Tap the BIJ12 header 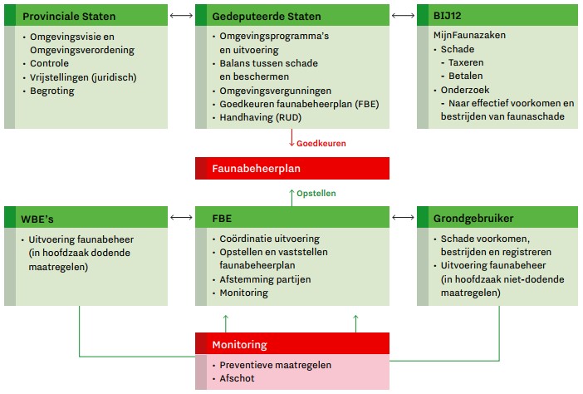pyautogui.click(x=449, y=16)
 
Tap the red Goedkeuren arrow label pyautogui.click(x=321, y=143)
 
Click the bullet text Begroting pyautogui.click(x=51, y=91)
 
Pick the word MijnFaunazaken pyautogui.click(x=469, y=37)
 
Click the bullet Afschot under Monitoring pyautogui.click(x=238, y=378)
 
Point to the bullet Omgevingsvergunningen pyautogui.click(x=275, y=91)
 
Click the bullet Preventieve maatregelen pyautogui.click(x=275, y=365)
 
